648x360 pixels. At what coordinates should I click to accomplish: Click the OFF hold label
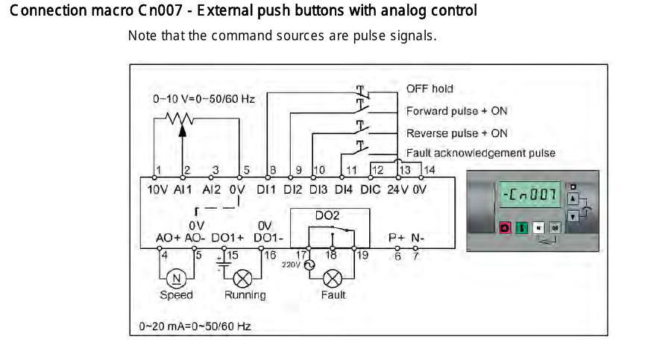pos(430,89)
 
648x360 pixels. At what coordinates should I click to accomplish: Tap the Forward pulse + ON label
pos(456,111)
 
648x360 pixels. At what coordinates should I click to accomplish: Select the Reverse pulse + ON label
pos(456,133)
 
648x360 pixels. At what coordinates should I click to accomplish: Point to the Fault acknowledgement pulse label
pos(480,154)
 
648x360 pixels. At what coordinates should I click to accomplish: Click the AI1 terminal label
pos(183,189)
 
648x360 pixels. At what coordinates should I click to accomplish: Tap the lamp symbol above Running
pos(242,277)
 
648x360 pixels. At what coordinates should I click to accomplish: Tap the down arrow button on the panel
pos(573,215)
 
